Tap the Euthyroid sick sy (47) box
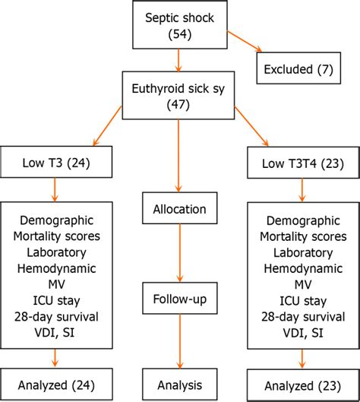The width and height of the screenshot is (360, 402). click(179, 94)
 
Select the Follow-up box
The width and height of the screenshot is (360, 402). click(179, 299)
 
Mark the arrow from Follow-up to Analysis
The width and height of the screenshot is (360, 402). click(179, 342)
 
